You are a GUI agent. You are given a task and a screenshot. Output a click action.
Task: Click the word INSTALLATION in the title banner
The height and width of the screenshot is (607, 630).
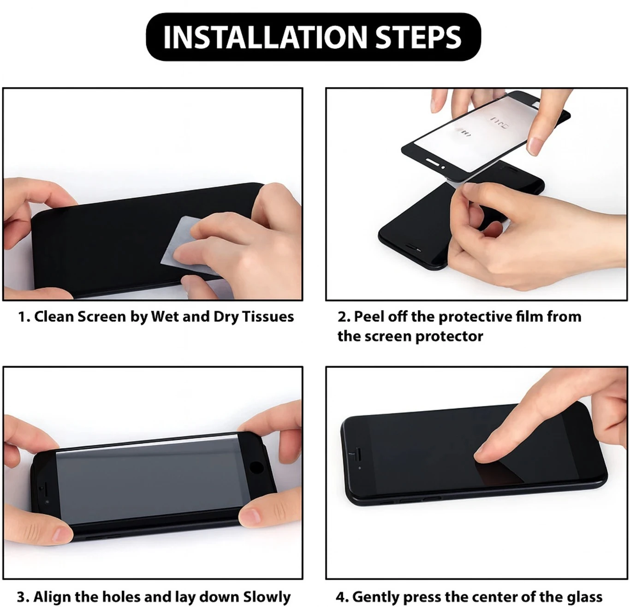[x=265, y=37]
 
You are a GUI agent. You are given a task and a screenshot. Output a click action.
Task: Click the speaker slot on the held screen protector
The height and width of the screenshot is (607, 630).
[x=432, y=161]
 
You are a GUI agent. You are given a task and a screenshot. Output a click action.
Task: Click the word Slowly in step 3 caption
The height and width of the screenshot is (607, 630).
[x=267, y=597]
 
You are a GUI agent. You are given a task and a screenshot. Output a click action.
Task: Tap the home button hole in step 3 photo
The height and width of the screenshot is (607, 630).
[x=256, y=468]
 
